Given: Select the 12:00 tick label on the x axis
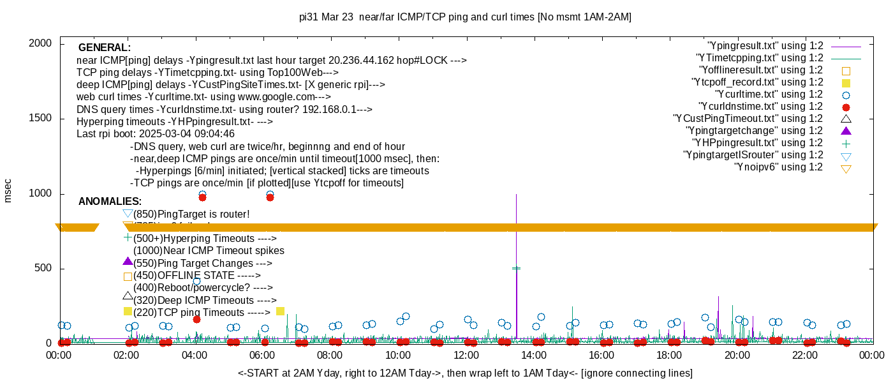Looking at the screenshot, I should point(466,355).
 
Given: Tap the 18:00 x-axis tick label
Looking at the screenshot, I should point(669,355).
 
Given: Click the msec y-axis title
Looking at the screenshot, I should point(8,190).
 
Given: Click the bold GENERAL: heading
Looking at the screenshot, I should point(105,48).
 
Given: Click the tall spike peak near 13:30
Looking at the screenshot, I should point(516,195).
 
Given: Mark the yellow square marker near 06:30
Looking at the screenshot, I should point(280,311).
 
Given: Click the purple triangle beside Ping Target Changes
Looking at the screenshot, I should point(128,262).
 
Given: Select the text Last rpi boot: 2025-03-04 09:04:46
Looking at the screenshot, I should point(156,134).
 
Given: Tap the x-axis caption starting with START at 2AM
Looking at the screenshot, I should point(465,373).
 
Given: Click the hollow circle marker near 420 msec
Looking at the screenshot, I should point(196,281).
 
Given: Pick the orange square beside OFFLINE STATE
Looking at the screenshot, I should point(128,276).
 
